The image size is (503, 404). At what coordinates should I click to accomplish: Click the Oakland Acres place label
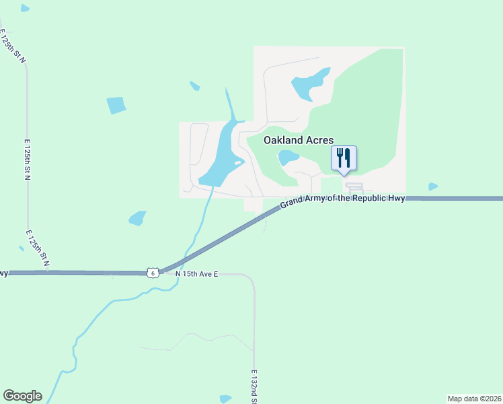tap(298, 140)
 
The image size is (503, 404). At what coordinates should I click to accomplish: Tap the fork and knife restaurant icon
tap(344, 158)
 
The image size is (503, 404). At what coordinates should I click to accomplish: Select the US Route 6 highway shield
tap(153, 272)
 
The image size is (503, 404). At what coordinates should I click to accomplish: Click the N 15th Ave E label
tap(197, 274)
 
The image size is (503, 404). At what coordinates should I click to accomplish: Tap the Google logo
tap(22, 396)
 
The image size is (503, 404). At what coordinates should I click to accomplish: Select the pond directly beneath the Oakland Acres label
tap(288, 158)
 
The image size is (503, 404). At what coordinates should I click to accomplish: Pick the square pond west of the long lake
tap(116, 105)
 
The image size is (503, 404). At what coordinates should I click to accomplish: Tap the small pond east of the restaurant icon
tap(432, 187)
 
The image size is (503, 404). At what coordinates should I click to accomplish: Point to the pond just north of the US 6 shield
tap(137, 218)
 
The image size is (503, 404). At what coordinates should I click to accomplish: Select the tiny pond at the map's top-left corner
tap(25, 8)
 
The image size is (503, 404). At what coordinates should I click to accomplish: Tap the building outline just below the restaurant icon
tap(354, 188)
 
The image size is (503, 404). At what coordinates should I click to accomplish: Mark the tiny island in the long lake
tap(237, 162)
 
